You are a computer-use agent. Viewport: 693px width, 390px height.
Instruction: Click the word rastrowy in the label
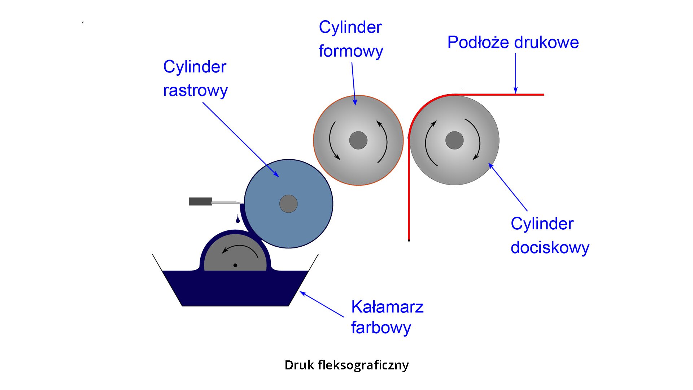(195, 91)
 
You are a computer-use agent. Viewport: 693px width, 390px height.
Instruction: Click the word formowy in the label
(350, 51)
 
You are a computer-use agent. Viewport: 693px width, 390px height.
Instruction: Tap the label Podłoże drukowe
(513, 43)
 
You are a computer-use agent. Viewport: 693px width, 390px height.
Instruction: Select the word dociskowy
(550, 248)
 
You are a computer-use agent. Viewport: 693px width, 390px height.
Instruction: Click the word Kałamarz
(387, 307)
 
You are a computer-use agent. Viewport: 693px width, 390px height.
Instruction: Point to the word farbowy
(381, 328)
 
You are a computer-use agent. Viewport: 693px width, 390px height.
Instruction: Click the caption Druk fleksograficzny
(346, 365)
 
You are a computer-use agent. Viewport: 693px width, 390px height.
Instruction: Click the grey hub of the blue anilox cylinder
(288, 204)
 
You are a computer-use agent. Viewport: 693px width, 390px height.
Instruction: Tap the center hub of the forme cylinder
(358, 140)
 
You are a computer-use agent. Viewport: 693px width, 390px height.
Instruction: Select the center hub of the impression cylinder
(454, 140)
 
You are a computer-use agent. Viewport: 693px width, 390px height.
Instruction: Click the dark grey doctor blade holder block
(200, 201)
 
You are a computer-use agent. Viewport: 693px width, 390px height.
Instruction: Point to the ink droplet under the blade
(237, 220)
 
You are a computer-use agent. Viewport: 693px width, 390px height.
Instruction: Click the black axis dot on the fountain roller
(235, 265)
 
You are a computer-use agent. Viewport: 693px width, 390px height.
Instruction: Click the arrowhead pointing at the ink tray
(302, 293)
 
